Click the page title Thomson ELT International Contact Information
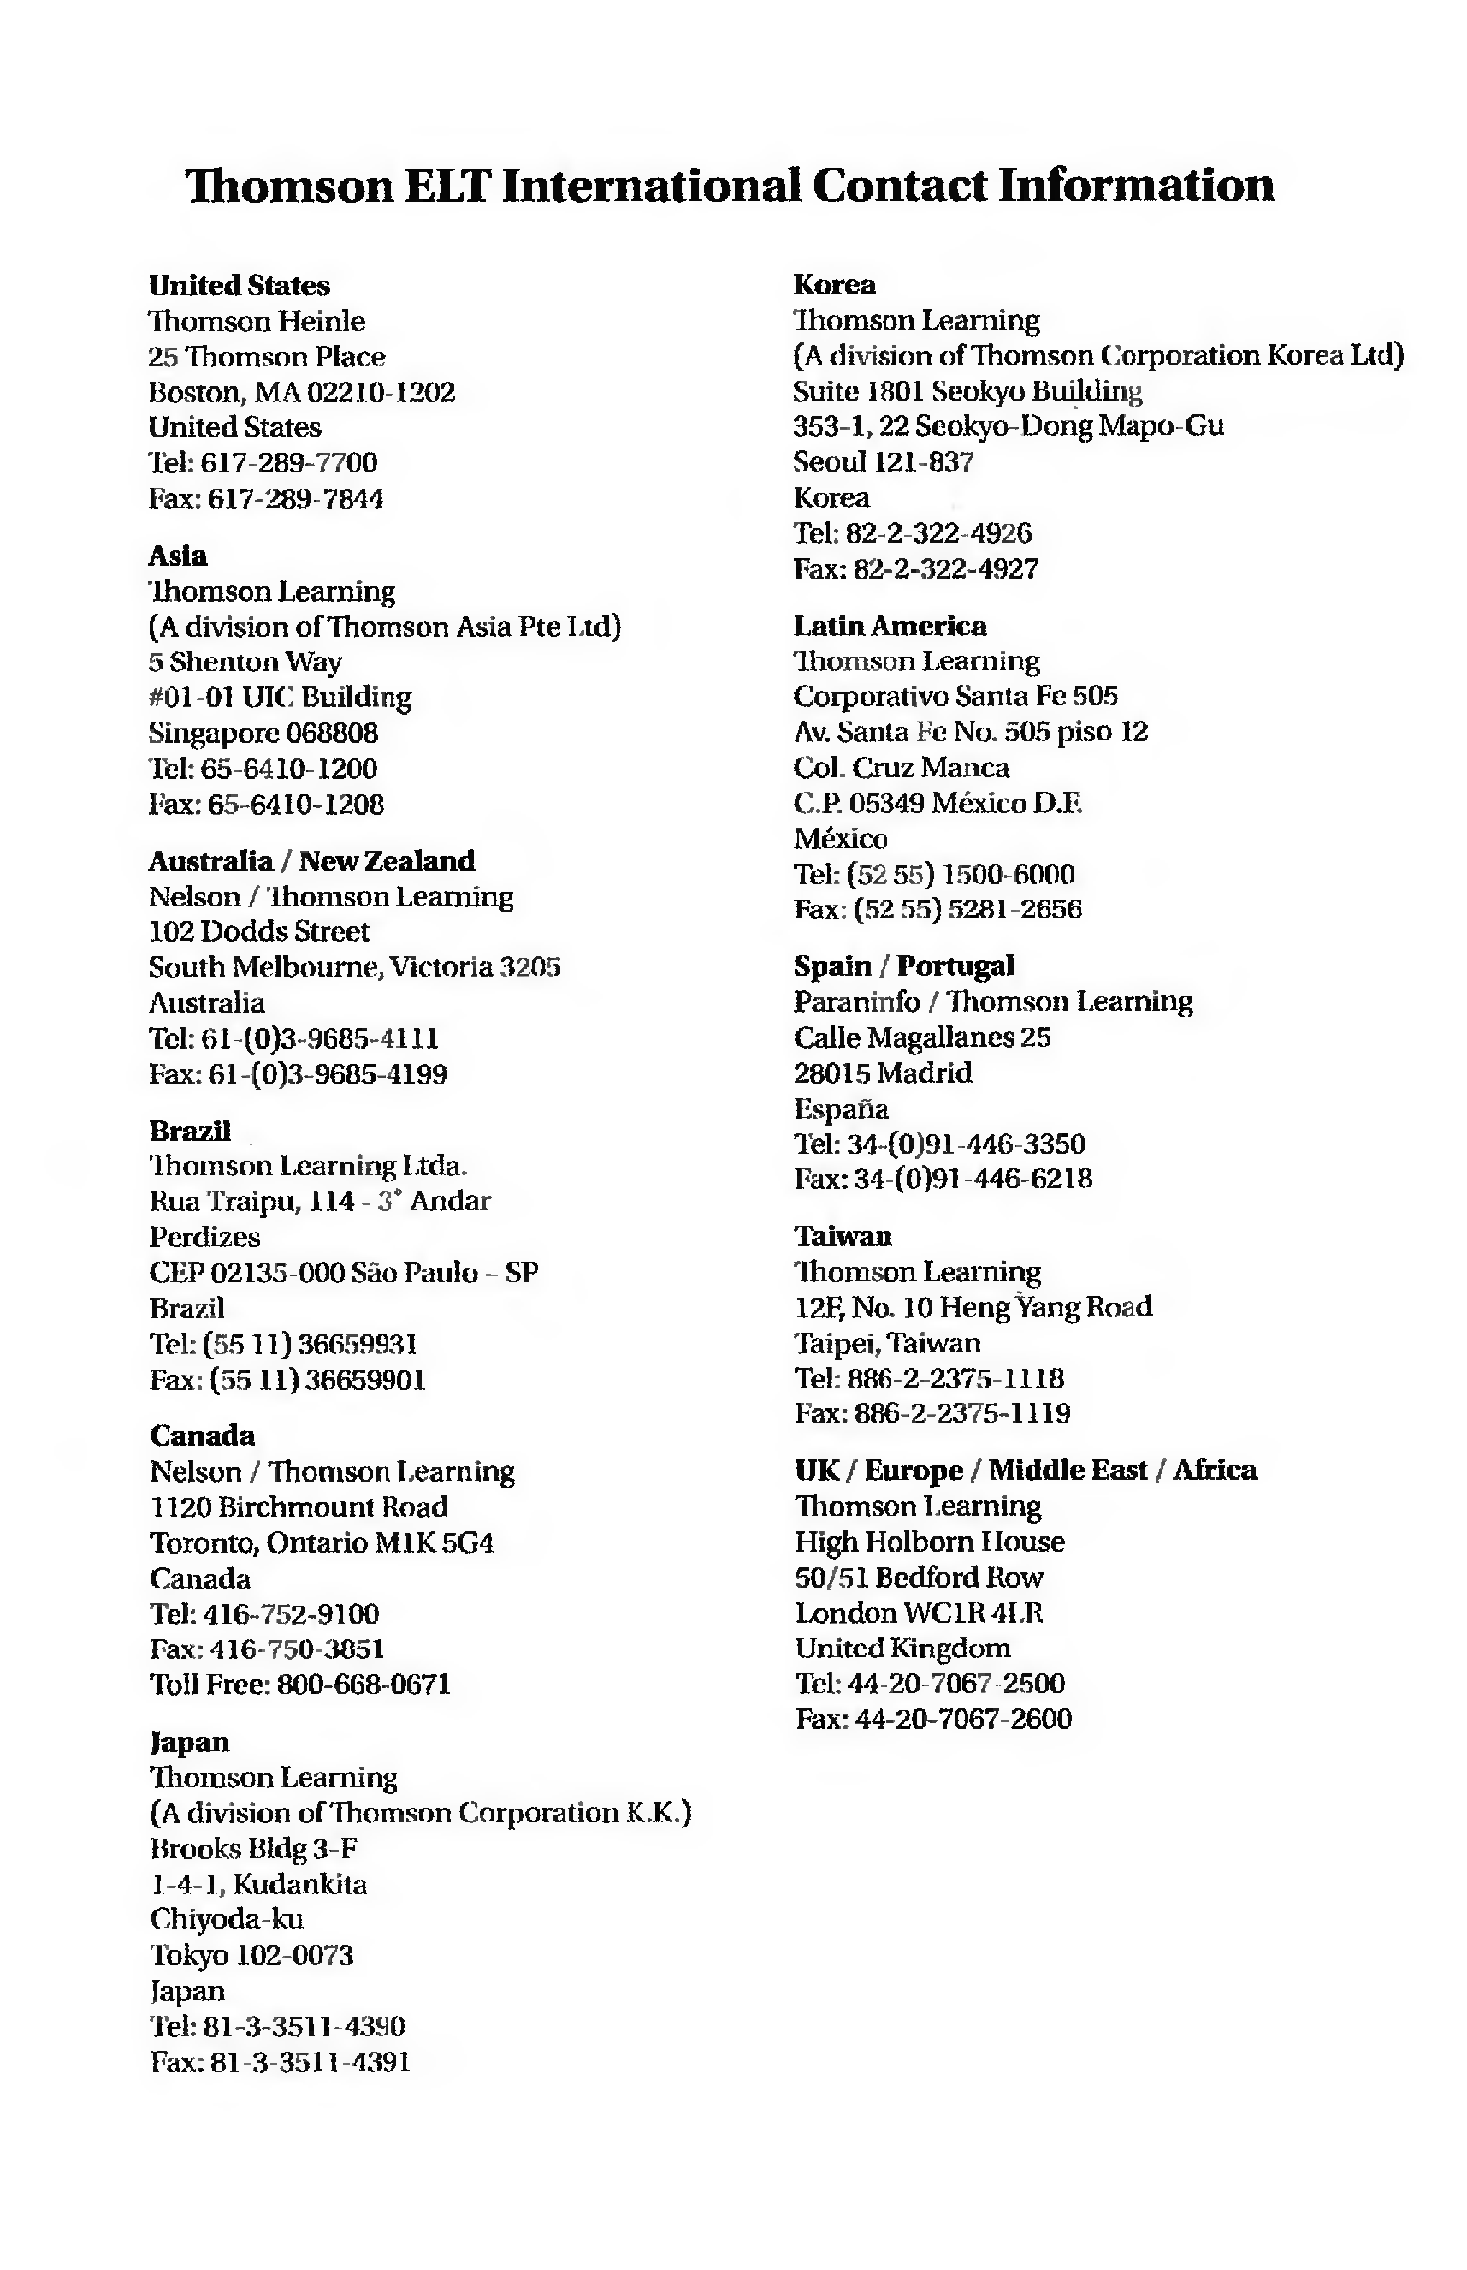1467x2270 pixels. click(730, 185)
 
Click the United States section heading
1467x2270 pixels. click(240, 285)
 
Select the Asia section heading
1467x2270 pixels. click(178, 556)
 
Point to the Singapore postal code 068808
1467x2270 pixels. click(332, 733)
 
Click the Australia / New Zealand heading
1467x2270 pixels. click(311, 860)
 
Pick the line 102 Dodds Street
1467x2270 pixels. click(259, 931)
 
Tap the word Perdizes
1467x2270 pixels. click(204, 1237)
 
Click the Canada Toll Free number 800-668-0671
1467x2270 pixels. click(363, 1685)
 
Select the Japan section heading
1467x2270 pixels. click(191, 1742)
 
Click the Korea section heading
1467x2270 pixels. click(835, 284)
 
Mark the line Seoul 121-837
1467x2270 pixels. click(884, 462)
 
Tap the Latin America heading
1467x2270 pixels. click(890, 625)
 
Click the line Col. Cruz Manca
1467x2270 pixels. click(902, 767)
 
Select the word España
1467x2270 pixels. click(841, 1108)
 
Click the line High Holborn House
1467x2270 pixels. click(930, 1542)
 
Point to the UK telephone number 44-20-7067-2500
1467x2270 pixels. click(955, 1684)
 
